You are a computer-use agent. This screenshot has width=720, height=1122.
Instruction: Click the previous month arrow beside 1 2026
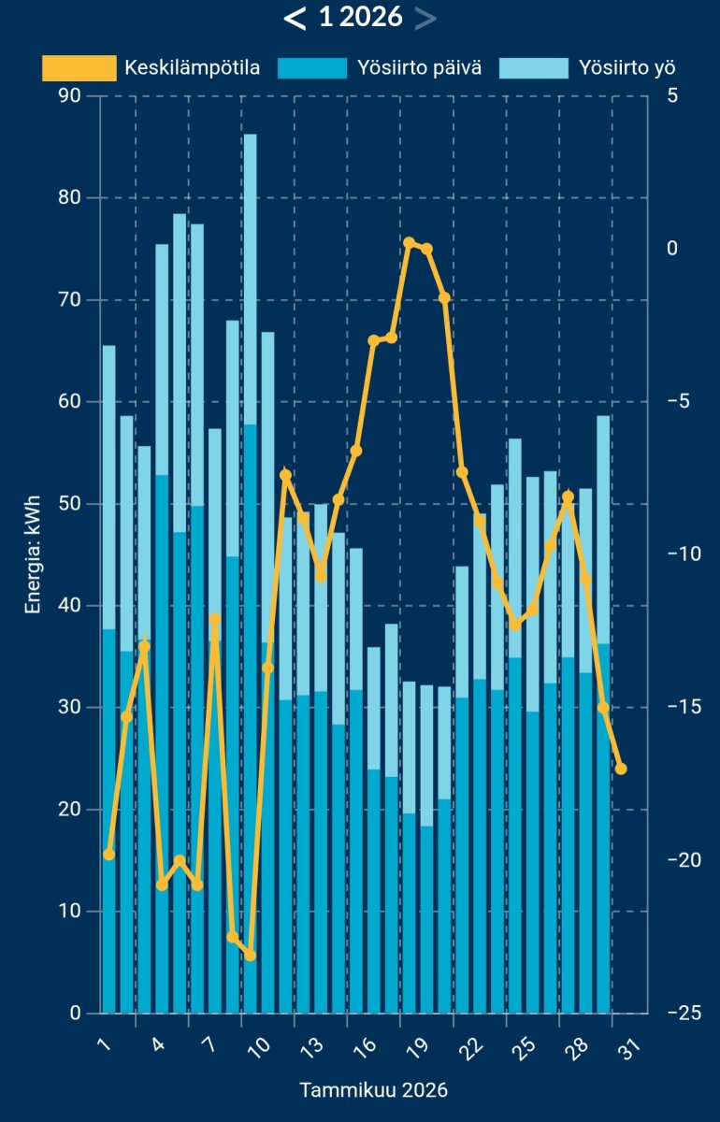click(295, 18)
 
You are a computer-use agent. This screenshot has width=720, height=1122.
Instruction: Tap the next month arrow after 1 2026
click(425, 18)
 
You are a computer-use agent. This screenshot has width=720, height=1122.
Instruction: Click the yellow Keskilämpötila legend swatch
click(79, 68)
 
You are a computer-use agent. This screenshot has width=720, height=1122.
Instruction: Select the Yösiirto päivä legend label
click(420, 68)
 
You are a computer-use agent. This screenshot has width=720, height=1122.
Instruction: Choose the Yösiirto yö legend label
click(626, 68)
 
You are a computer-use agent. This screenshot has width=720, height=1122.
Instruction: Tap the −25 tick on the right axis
click(684, 1014)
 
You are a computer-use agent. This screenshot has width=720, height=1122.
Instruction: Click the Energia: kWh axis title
click(34, 554)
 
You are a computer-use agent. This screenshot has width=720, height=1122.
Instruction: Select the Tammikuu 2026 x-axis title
click(373, 1090)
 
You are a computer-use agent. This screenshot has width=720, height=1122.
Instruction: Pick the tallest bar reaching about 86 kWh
click(250, 561)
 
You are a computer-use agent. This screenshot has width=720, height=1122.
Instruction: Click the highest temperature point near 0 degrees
click(410, 243)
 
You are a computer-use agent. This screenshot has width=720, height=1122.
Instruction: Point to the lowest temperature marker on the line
click(250, 955)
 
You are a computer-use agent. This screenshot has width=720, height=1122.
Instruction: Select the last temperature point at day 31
click(621, 769)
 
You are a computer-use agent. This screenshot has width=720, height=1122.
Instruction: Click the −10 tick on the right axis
click(684, 554)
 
